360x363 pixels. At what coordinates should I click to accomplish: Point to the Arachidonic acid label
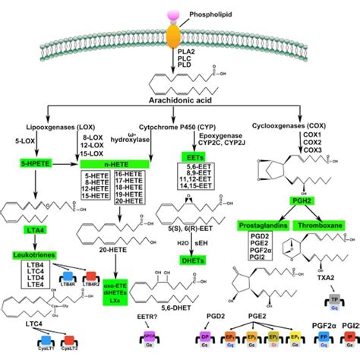click(176, 100)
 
